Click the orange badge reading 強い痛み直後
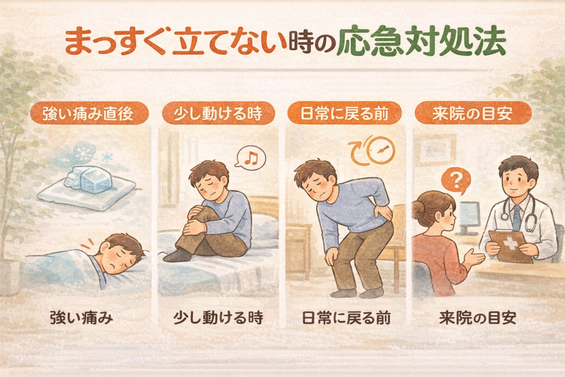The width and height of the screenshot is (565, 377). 89,113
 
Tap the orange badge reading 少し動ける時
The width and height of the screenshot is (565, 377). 218,113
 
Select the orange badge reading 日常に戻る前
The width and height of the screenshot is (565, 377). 344,113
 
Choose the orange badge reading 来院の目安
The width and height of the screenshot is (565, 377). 473,113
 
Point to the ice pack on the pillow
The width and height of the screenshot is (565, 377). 89,179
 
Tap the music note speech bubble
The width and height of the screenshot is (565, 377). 250,158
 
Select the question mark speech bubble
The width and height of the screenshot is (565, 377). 456,181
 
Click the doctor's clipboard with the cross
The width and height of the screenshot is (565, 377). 510,245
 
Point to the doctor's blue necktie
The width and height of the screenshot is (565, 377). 517,217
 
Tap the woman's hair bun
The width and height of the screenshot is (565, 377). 419,209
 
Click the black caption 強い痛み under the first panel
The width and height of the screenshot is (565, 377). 82,318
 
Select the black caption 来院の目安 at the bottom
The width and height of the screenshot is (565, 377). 478,318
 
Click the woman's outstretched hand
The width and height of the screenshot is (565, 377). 474,258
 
